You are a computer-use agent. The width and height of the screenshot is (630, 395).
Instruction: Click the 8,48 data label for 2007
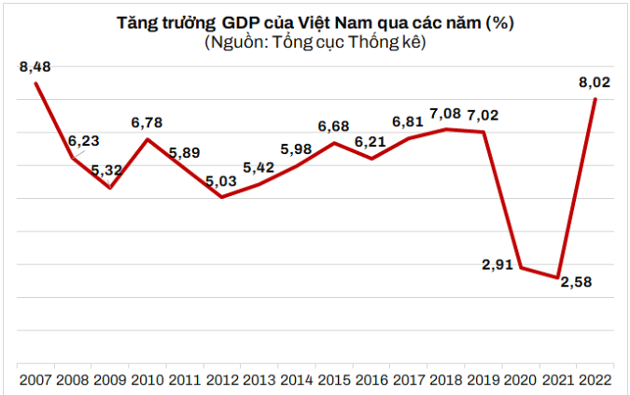pos(34,66)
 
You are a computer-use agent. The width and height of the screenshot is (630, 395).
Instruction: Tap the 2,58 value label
pos(576,282)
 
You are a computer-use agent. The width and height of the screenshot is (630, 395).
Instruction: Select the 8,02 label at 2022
pos(594,82)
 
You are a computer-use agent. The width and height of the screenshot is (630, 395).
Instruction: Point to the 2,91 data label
pos(497,264)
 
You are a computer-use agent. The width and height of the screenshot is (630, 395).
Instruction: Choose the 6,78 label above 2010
pos(147,121)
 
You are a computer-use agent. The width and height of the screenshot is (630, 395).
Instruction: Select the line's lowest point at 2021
pos(557,277)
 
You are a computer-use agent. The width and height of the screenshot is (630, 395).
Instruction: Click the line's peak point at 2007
pos(35,84)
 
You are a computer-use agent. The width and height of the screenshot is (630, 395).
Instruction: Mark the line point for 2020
pos(521,267)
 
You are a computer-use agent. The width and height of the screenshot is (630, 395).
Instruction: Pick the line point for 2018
pos(446,129)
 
